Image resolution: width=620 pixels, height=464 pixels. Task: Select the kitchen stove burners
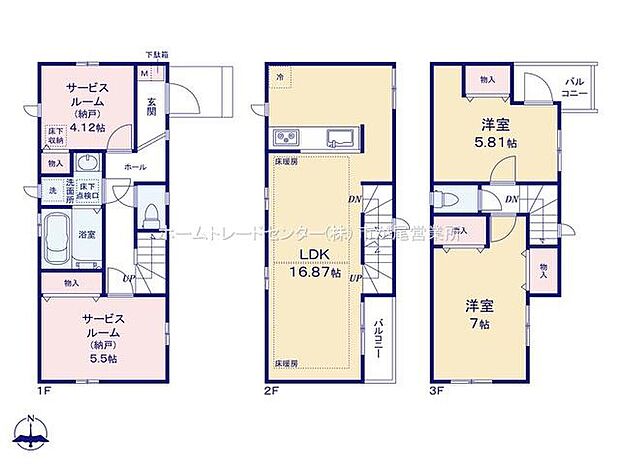[x=283, y=137]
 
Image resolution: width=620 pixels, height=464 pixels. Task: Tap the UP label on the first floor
[x=129, y=277]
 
